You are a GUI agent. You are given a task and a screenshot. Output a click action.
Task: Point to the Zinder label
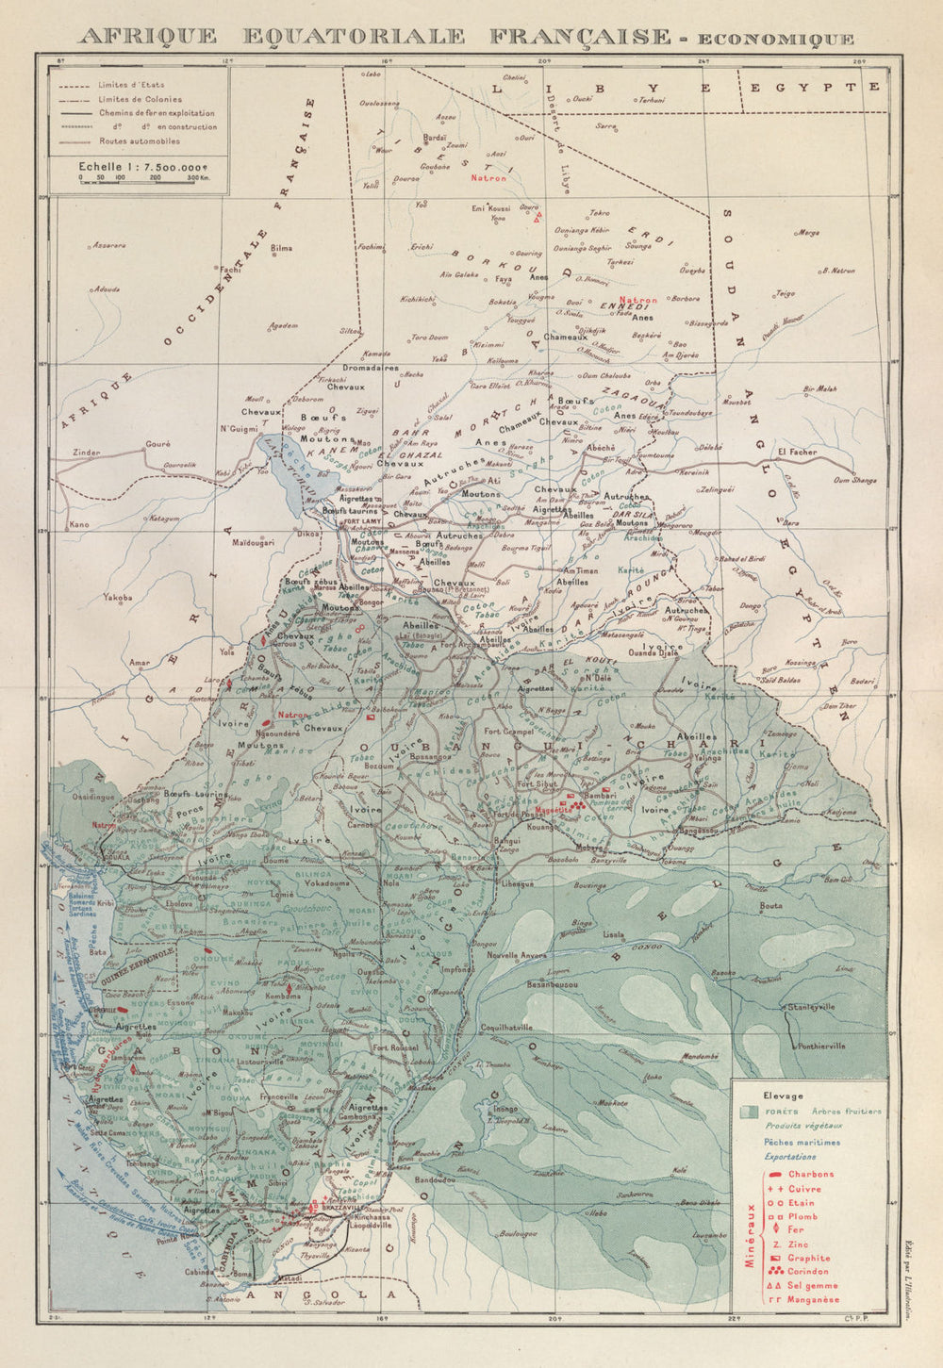tap(88, 453)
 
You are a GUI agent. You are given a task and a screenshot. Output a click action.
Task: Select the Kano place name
tap(80, 524)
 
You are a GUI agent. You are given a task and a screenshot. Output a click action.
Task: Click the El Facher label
tap(796, 453)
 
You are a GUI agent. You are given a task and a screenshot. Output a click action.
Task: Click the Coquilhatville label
tap(506, 1027)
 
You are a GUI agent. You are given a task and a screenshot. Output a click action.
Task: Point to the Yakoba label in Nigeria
tap(118, 597)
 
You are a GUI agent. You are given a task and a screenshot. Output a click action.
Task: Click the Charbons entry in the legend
tap(810, 1174)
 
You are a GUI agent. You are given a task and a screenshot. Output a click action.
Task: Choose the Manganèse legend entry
tap(813, 1299)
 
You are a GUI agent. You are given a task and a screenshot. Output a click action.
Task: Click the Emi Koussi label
tap(490, 208)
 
